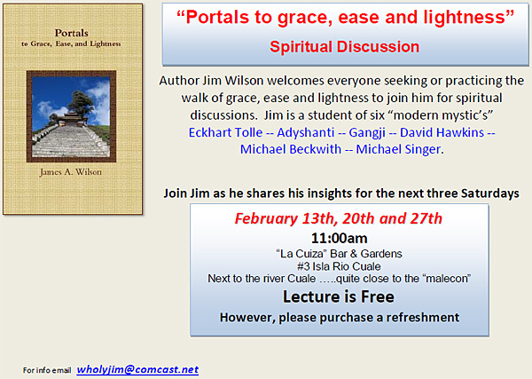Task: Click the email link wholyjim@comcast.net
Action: point(137,370)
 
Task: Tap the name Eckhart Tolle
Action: point(225,132)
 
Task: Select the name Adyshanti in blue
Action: point(306,133)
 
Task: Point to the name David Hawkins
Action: point(442,132)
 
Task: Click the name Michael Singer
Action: point(398,149)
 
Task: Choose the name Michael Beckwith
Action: point(291,149)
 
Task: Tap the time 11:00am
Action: point(339,238)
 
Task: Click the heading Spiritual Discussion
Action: point(344,46)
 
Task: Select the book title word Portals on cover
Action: point(72,33)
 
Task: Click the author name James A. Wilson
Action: point(71,172)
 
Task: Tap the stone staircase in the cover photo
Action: point(71,141)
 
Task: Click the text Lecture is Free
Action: point(339,296)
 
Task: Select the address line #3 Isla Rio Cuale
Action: point(339,266)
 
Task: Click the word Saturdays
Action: point(490,193)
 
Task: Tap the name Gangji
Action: point(367,133)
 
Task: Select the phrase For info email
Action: point(47,370)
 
